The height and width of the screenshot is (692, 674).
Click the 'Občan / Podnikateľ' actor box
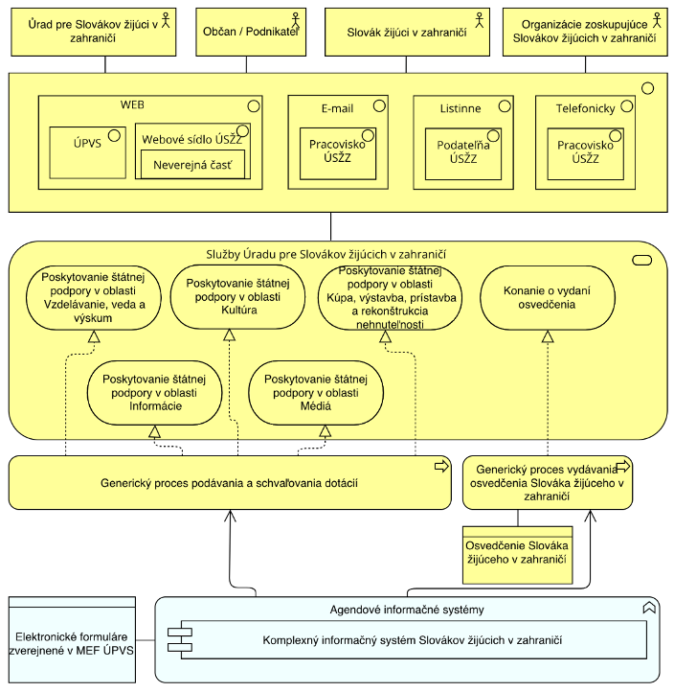(x=251, y=32)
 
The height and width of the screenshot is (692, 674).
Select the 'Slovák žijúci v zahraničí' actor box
(x=407, y=32)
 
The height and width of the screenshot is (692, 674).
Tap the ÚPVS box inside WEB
(x=88, y=152)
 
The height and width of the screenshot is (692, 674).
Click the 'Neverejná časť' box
(x=192, y=165)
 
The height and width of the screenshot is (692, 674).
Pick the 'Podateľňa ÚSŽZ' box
(x=463, y=153)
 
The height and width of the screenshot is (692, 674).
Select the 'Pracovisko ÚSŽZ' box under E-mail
(x=338, y=153)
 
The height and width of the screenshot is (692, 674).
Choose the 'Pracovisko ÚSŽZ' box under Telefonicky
(x=585, y=153)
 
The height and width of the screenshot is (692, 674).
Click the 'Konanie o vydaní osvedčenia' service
(x=547, y=297)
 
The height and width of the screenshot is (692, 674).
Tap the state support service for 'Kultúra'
(x=237, y=296)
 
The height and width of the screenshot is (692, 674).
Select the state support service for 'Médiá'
(x=316, y=393)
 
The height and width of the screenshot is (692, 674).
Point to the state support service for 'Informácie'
(x=154, y=393)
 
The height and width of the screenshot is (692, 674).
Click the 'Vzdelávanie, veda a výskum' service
(x=94, y=297)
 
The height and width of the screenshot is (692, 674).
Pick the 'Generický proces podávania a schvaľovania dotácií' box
(x=230, y=483)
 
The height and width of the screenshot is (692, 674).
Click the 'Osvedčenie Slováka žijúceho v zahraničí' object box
(x=518, y=555)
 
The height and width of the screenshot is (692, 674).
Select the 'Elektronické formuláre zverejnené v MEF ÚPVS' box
(x=72, y=640)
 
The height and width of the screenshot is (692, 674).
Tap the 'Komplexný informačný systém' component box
(x=407, y=640)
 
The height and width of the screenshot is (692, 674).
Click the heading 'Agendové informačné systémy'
(x=407, y=610)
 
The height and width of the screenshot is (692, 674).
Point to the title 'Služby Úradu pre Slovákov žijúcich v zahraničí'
(x=326, y=254)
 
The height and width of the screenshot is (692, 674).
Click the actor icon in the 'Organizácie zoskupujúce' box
(x=657, y=20)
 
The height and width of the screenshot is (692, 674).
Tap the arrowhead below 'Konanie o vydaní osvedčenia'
(x=548, y=336)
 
